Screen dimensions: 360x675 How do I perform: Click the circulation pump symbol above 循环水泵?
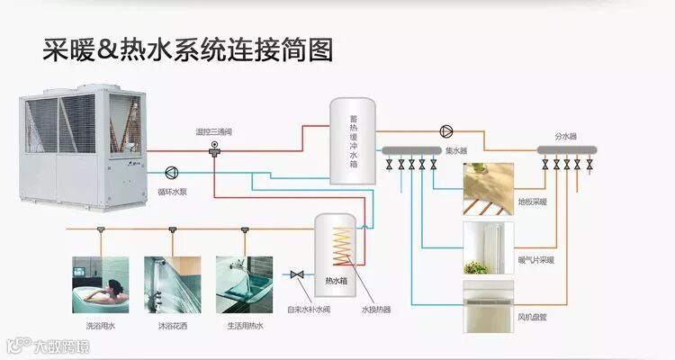click(172, 171)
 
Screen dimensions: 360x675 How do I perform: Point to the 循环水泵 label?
click(172, 191)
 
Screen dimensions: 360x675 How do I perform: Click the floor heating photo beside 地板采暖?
click(489, 188)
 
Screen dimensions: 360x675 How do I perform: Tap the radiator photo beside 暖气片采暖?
click(489, 247)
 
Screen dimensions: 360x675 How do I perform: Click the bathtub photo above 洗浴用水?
click(100, 285)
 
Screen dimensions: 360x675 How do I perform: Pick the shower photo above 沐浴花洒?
click(172, 285)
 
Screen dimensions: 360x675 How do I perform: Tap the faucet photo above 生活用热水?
click(243, 285)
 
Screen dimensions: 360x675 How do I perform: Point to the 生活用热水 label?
click(243, 325)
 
